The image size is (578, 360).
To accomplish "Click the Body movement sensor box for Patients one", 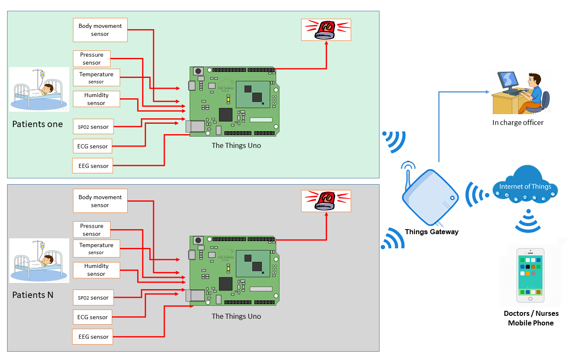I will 100,30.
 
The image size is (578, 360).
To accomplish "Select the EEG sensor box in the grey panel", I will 93,337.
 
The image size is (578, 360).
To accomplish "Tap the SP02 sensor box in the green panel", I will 93,127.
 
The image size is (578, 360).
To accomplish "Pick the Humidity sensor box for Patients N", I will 96,270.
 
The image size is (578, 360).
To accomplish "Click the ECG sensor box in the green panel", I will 93,146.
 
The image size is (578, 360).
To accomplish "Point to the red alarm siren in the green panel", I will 326,30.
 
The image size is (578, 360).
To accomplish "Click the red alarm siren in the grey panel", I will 326,200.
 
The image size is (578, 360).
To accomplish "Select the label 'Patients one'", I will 38,124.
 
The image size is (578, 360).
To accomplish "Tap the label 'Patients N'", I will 33,295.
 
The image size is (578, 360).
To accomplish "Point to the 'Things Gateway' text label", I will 432,232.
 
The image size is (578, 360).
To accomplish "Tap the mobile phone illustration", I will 530,275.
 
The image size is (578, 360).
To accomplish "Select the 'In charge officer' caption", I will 518,122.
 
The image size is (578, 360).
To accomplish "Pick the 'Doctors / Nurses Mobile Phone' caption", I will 531,318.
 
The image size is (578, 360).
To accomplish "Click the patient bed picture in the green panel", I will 39,89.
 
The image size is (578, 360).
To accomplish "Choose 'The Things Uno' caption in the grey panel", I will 236,316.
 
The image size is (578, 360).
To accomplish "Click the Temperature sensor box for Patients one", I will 96,78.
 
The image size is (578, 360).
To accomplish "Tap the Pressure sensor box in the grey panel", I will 92,230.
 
